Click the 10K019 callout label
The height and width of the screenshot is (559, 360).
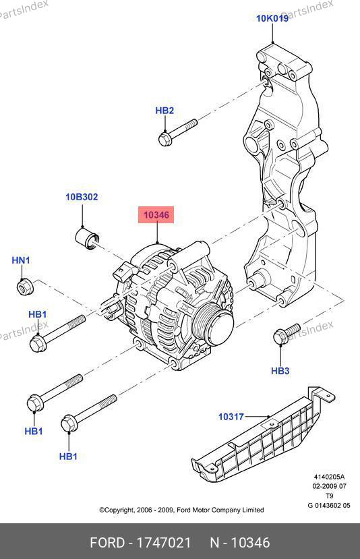[272, 18]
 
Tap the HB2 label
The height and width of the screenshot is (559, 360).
[164, 111]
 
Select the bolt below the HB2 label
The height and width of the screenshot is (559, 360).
[178, 132]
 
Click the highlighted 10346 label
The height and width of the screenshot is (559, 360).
[156, 215]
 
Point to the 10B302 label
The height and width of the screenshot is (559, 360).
[82, 197]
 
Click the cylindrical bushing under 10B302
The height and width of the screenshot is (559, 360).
[88, 239]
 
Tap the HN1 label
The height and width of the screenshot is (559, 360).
[21, 260]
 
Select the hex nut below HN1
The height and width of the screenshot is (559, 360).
[26, 287]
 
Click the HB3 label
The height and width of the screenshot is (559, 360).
[280, 371]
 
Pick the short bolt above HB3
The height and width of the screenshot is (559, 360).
[287, 334]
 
